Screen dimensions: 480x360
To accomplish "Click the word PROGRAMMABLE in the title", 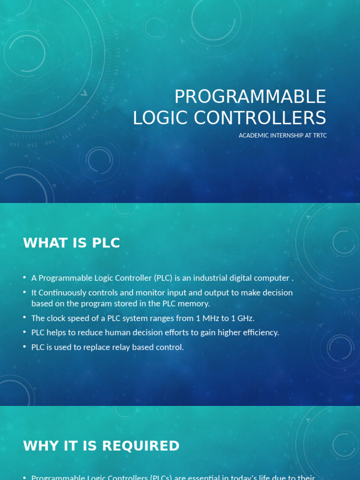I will (x=250, y=97).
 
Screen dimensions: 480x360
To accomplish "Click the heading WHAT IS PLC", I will (x=72, y=243).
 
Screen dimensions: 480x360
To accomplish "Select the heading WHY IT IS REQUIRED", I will (x=101, y=446).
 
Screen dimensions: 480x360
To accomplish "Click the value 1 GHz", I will (x=241, y=318).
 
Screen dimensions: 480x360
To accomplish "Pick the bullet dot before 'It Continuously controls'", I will (x=24, y=292).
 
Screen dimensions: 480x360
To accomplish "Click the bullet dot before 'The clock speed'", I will (x=24, y=318).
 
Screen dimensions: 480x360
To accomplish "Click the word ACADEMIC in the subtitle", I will (x=253, y=135).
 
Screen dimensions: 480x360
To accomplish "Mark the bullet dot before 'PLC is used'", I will (x=24, y=347).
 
